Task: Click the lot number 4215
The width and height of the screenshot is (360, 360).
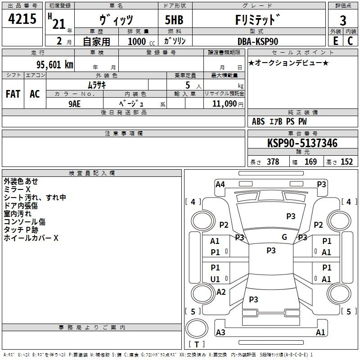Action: (22, 19)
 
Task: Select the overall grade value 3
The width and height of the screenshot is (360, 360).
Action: (343, 20)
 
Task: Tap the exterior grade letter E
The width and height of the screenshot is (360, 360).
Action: (335, 41)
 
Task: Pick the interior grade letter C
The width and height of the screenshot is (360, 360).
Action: (350, 41)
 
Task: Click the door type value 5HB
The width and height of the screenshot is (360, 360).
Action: (174, 20)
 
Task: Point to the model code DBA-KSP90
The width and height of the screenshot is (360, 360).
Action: (257, 41)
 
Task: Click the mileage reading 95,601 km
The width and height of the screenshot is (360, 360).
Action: (55, 64)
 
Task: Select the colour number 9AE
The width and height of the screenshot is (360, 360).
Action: (74, 104)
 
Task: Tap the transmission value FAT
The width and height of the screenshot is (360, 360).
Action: (13, 94)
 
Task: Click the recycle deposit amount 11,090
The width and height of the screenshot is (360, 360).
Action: (224, 104)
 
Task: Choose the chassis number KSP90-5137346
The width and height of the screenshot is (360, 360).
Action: (302, 143)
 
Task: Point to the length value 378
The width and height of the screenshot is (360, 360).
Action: (273, 162)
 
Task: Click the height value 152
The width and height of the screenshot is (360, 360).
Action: (346, 162)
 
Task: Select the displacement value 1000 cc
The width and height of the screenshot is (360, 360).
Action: (141, 41)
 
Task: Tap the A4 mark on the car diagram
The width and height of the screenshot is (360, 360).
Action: (220, 184)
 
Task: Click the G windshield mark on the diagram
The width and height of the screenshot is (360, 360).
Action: (284, 237)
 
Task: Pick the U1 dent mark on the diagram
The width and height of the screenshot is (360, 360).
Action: (215, 279)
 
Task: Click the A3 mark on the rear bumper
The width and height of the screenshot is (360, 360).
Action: (220, 332)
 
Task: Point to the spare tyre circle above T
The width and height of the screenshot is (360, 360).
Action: (197, 328)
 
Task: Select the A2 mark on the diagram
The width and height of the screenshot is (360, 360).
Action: (221, 292)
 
